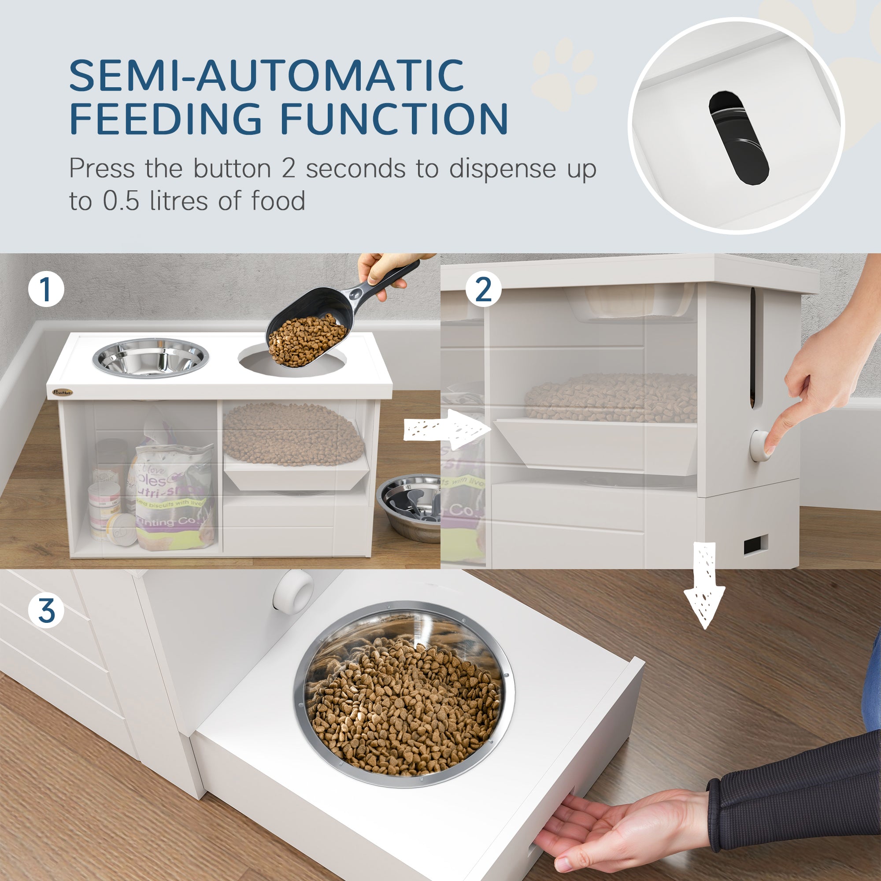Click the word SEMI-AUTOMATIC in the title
(267, 75)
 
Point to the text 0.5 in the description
(120, 201)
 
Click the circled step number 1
(46, 289)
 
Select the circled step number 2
(483, 289)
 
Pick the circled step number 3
(46, 611)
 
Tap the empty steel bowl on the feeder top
(151, 358)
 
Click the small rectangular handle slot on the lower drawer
(755, 544)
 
